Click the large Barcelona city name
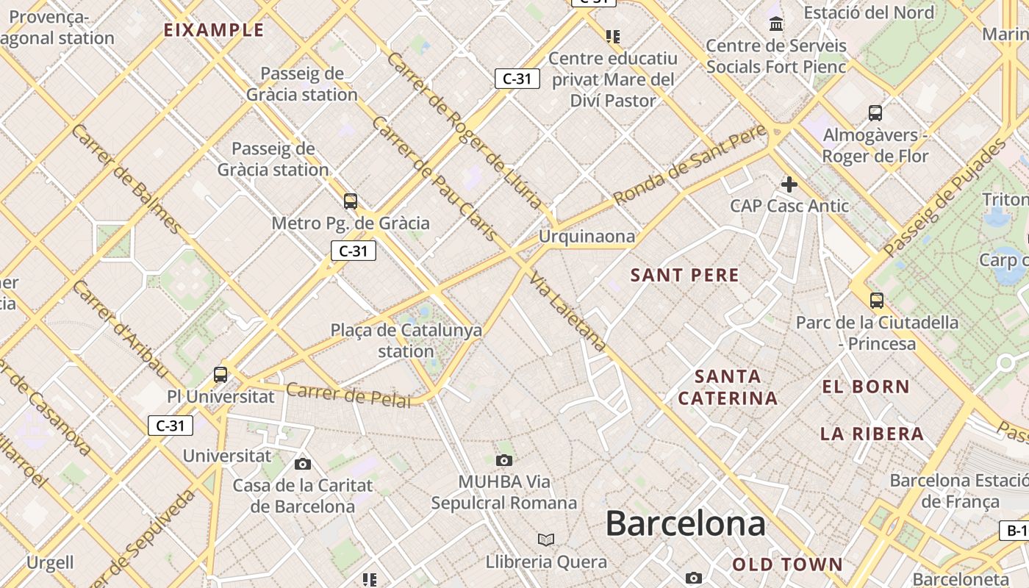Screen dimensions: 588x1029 pyautogui.click(x=685, y=524)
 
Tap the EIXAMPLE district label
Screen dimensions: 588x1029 pyautogui.click(x=214, y=30)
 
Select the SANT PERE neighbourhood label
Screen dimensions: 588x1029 pyautogui.click(x=685, y=276)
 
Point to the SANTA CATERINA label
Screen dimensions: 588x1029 pyautogui.click(x=728, y=388)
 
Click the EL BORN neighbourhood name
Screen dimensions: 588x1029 pyautogui.click(x=866, y=387)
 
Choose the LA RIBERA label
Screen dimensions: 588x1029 pyautogui.click(x=872, y=434)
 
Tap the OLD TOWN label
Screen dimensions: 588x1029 pyautogui.click(x=787, y=564)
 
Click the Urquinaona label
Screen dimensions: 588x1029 pyautogui.click(x=587, y=237)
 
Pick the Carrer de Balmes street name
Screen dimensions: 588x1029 pyautogui.click(x=126, y=179)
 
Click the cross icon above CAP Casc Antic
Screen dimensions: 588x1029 pyautogui.click(x=789, y=184)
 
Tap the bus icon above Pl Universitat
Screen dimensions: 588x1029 pyautogui.click(x=220, y=374)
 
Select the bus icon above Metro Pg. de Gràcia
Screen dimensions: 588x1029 pyautogui.click(x=351, y=201)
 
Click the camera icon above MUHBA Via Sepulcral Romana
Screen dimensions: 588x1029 pyautogui.click(x=503, y=461)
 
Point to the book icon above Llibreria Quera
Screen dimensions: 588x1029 pyautogui.click(x=545, y=540)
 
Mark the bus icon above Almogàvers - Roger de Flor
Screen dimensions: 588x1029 pyautogui.click(x=875, y=113)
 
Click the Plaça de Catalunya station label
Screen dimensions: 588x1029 pyautogui.click(x=406, y=340)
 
